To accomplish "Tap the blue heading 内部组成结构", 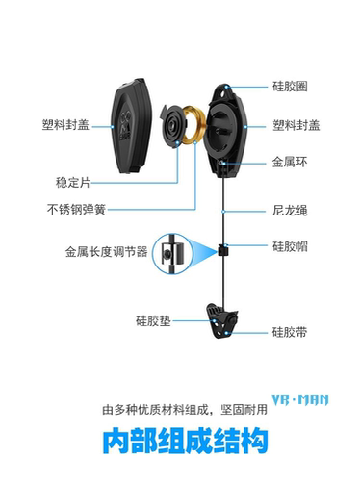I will coord(181,443).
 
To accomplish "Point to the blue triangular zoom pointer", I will coord(201,252).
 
